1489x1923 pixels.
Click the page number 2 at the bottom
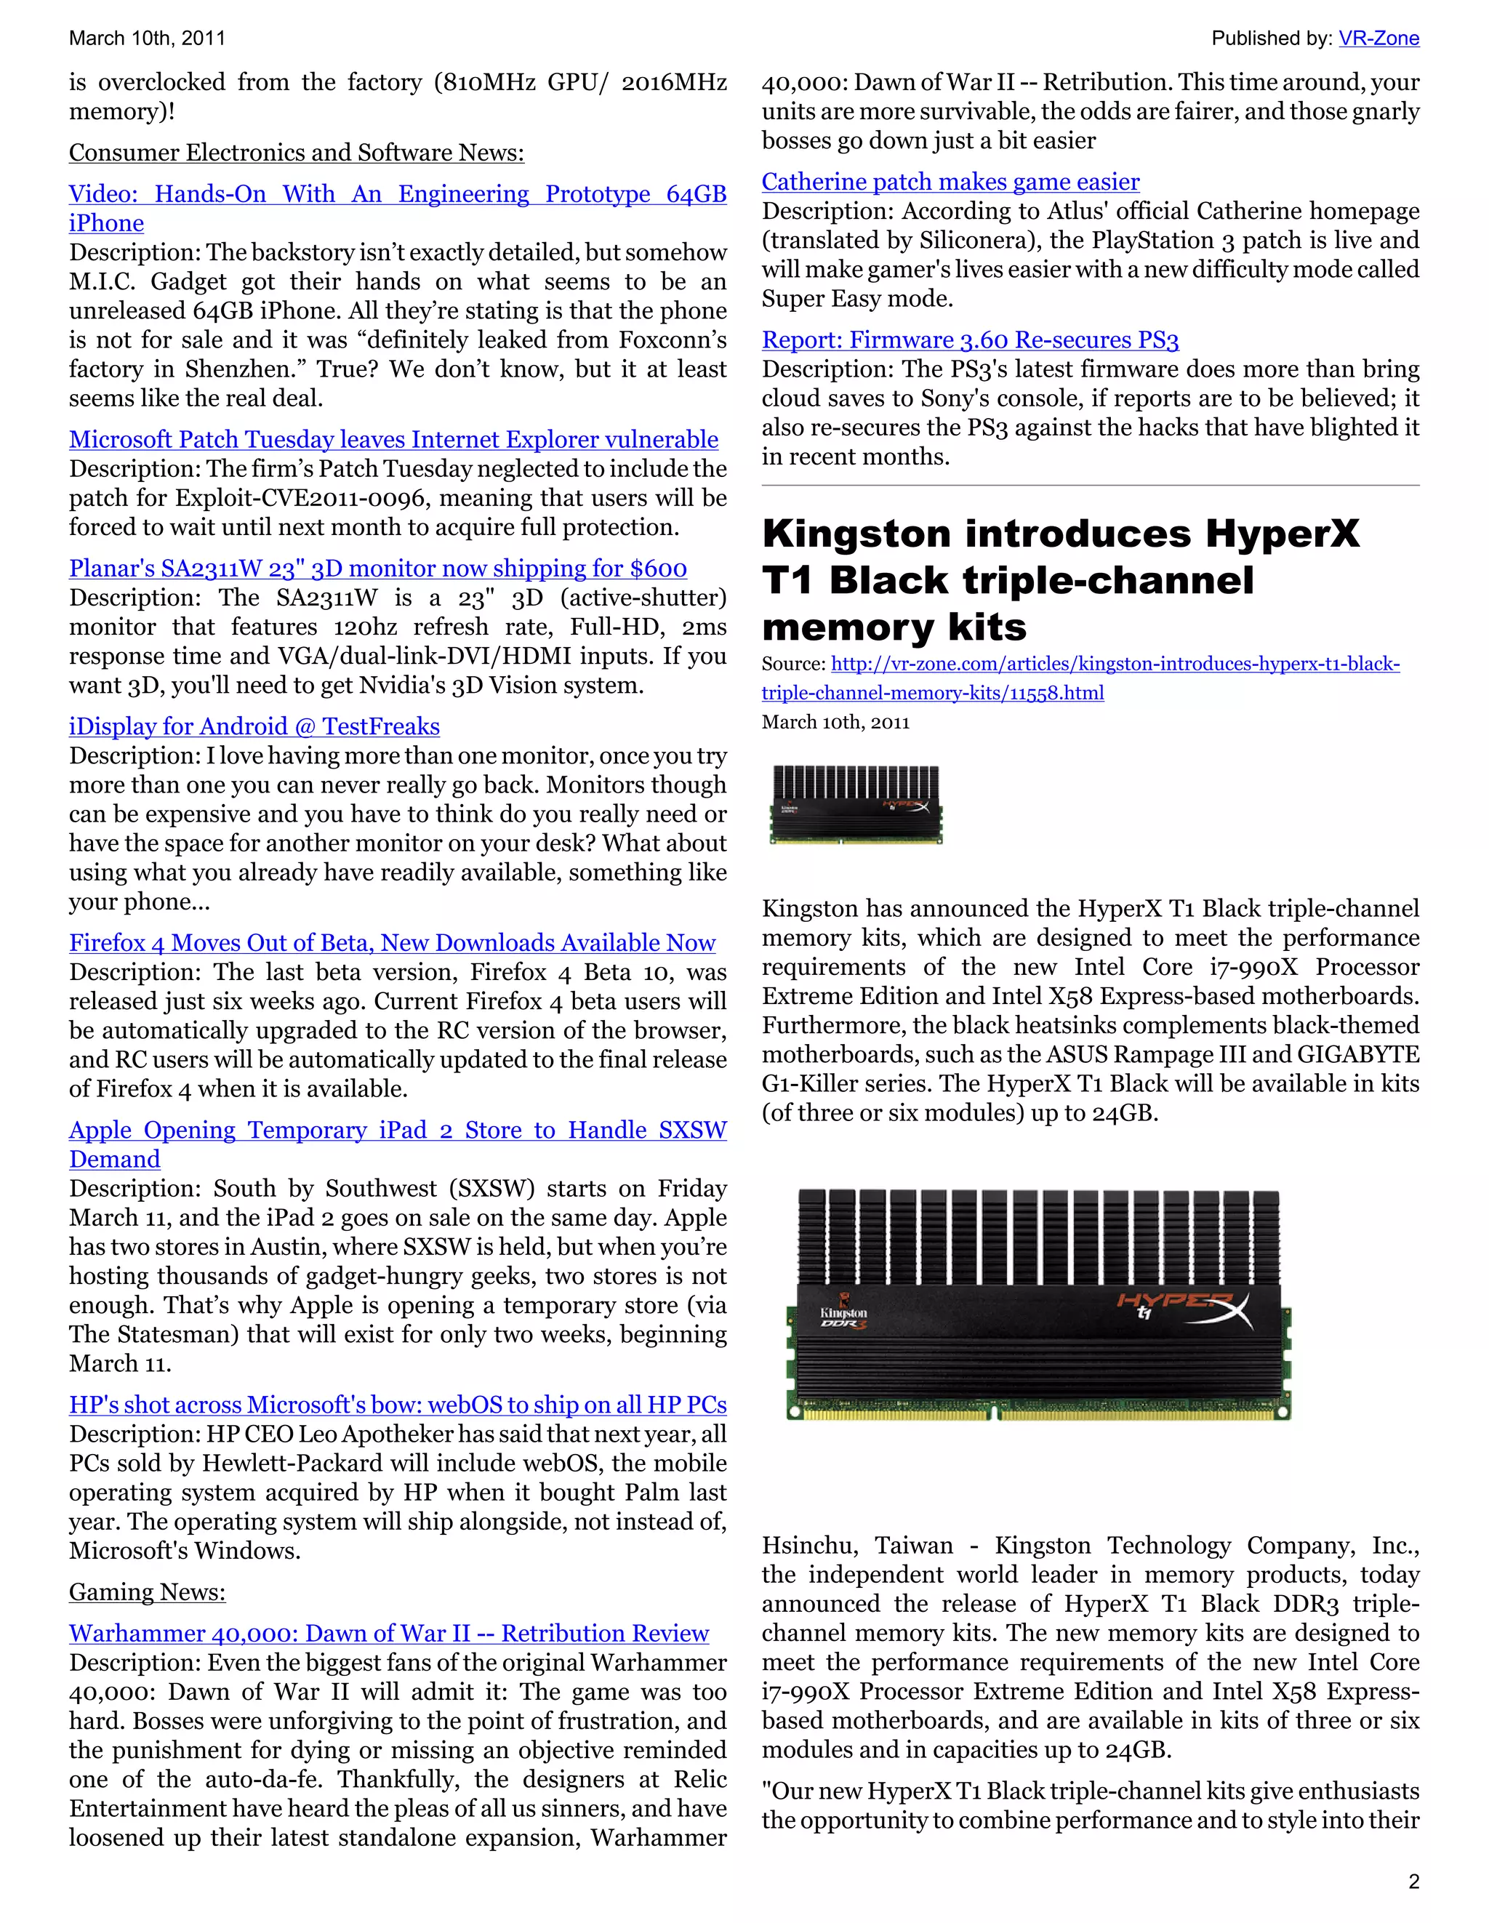click(1413, 1882)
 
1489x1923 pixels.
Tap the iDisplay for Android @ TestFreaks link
click(254, 726)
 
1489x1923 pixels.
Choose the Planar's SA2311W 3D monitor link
click(378, 569)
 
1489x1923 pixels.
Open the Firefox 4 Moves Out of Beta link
click(392, 943)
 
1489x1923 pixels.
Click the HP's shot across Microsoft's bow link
click(398, 1405)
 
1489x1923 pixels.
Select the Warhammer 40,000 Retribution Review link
click(388, 1634)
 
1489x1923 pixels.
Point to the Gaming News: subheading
click(147, 1592)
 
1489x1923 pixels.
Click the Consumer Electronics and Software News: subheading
click(297, 153)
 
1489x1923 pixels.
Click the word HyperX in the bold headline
click(1282, 534)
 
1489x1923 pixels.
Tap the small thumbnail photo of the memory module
click(856, 804)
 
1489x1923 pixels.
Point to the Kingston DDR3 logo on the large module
click(843, 1317)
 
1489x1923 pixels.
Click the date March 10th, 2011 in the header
click(147, 38)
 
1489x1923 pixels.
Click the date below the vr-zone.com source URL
click(835, 722)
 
